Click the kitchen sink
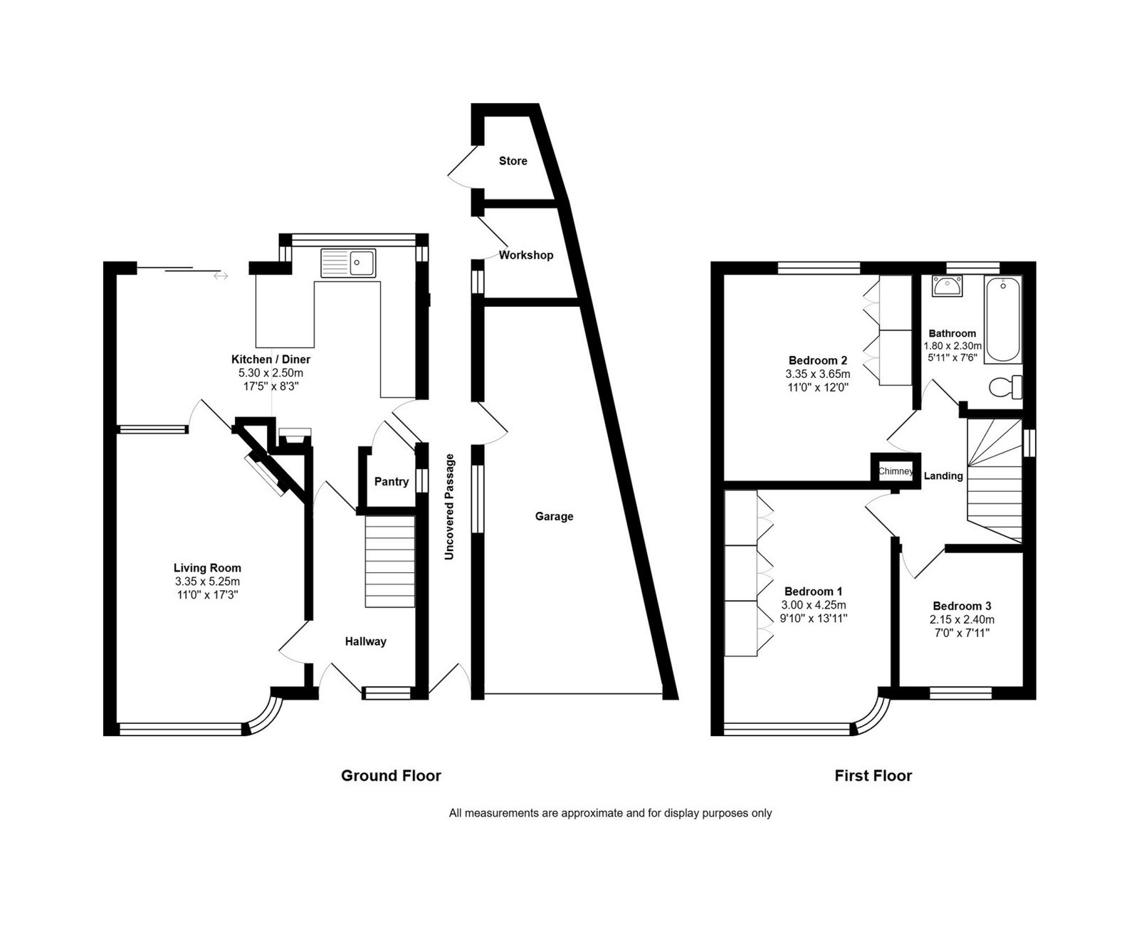coord(348,263)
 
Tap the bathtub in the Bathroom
coord(1002,319)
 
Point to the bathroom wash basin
coord(947,285)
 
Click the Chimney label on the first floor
coord(896,471)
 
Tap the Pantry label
coord(392,481)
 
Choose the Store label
coord(513,161)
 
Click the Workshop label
coord(526,255)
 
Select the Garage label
coord(554,516)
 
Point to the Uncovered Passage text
coord(449,507)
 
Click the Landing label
coord(943,476)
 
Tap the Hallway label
coord(366,641)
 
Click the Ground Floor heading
coord(391,776)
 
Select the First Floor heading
coord(873,776)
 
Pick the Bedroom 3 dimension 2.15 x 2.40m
coord(962,619)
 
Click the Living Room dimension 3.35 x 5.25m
coord(207,582)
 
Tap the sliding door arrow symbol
coord(221,276)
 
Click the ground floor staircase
coord(390,562)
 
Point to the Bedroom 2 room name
coord(818,360)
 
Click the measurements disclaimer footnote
coord(610,813)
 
